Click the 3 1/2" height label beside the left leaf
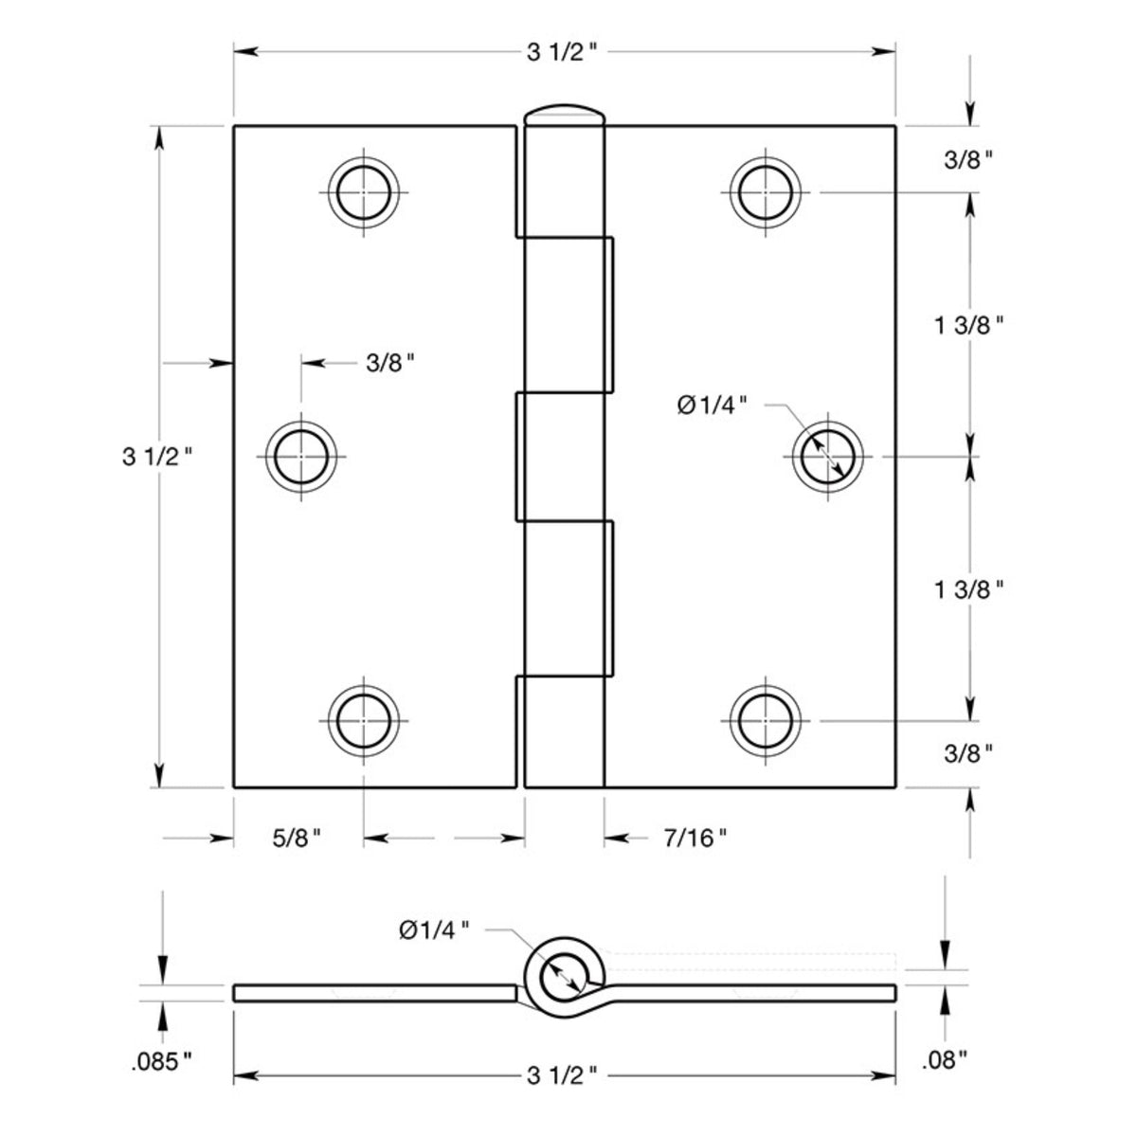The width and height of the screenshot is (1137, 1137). [x=158, y=458]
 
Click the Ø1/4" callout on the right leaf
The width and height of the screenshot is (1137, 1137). [x=713, y=405]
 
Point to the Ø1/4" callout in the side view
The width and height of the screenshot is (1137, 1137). [x=434, y=930]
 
